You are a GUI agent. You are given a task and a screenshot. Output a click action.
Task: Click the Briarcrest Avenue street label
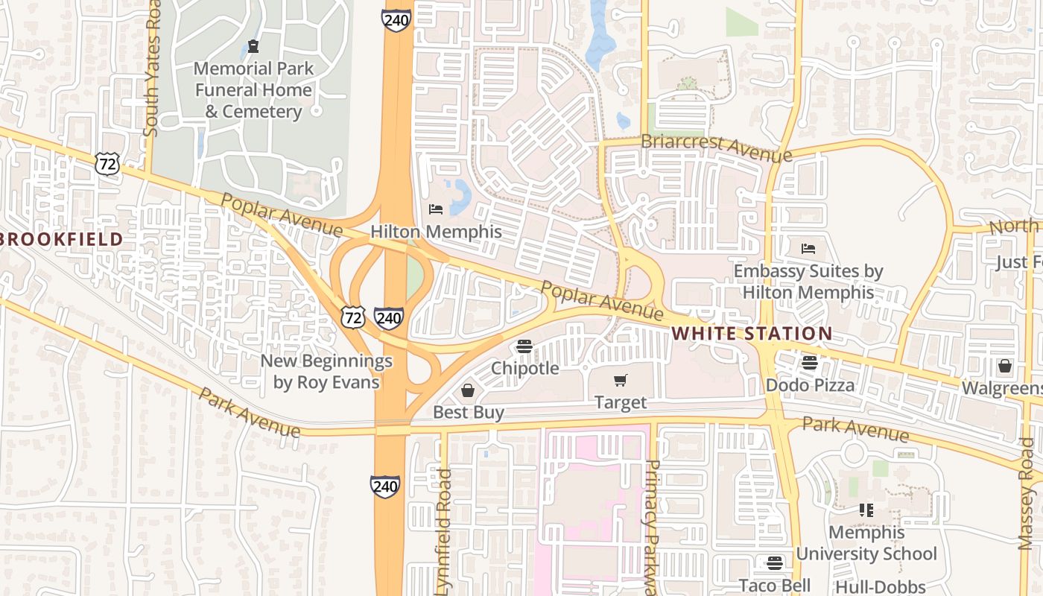(x=716, y=148)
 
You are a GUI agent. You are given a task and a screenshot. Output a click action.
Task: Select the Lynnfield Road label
(x=444, y=532)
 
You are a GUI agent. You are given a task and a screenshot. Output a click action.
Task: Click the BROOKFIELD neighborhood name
(x=62, y=239)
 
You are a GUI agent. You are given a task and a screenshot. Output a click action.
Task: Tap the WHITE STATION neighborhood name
(x=752, y=333)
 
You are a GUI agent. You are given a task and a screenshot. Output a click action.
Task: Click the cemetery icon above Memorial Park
(x=253, y=47)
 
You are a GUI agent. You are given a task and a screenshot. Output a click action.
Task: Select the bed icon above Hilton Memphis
(x=436, y=210)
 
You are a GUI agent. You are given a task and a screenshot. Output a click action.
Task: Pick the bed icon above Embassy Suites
(x=808, y=249)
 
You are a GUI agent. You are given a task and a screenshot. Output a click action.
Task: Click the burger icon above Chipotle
(x=524, y=346)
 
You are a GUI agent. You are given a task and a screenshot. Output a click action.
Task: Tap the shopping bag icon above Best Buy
(x=468, y=390)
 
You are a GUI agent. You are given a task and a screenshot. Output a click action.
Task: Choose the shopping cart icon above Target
(x=621, y=381)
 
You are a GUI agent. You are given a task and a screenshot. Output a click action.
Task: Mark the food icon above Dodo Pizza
(x=810, y=364)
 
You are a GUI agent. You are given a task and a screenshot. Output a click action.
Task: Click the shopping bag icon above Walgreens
(x=1004, y=366)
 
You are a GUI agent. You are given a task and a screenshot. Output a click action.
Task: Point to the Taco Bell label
(x=775, y=585)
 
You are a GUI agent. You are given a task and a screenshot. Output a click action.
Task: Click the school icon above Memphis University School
(x=866, y=510)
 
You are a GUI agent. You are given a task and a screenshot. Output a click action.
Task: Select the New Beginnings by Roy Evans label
(x=326, y=372)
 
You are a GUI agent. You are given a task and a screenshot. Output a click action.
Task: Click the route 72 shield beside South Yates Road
(x=107, y=164)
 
